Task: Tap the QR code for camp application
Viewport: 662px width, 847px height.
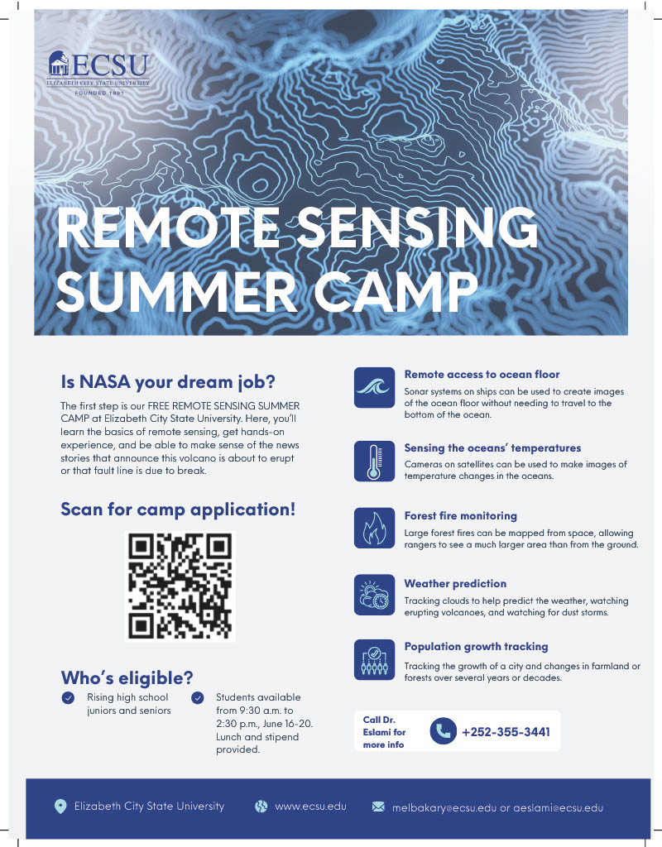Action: (x=180, y=586)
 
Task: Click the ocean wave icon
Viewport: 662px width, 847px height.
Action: (x=374, y=387)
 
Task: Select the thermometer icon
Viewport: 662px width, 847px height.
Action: (x=374, y=461)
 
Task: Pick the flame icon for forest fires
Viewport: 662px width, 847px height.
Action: (x=374, y=528)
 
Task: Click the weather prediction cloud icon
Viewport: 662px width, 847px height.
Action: (x=374, y=594)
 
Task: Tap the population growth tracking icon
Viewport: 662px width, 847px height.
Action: (x=374, y=659)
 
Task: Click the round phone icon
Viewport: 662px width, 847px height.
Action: (x=444, y=731)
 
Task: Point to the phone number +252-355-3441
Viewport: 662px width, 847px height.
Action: (x=506, y=732)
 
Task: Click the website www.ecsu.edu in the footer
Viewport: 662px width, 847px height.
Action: (x=311, y=806)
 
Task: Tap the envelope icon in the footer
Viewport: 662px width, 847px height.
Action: (x=378, y=806)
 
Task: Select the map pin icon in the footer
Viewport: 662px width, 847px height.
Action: (x=60, y=806)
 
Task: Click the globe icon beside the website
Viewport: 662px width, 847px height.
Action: (x=261, y=806)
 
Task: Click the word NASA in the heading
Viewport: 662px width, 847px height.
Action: (x=105, y=382)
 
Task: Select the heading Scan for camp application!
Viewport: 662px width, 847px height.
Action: (x=178, y=510)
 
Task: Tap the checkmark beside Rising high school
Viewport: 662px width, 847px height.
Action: (x=68, y=698)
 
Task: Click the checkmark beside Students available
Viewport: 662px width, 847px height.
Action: (x=198, y=698)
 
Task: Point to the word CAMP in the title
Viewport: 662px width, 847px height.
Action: (x=396, y=290)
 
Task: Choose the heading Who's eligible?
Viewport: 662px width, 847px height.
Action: (x=127, y=677)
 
